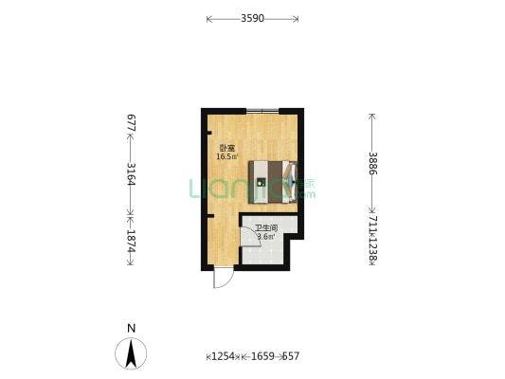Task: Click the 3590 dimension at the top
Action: coord(252,18)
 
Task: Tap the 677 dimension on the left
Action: coord(132,123)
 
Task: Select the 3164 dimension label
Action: coord(132,175)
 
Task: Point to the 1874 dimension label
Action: coord(132,242)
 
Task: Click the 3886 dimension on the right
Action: coord(372,163)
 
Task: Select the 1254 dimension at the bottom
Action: coord(222,356)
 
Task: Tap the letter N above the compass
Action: coord(131,328)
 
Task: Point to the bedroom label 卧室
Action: coord(227,148)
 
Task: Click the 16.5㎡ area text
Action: coord(227,157)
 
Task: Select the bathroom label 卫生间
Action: coord(265,228)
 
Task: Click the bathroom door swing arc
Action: coord(249,238)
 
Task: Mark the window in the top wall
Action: coord(262,112)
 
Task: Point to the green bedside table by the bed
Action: coord(293,196)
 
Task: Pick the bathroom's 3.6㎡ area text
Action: coord(265,237)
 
